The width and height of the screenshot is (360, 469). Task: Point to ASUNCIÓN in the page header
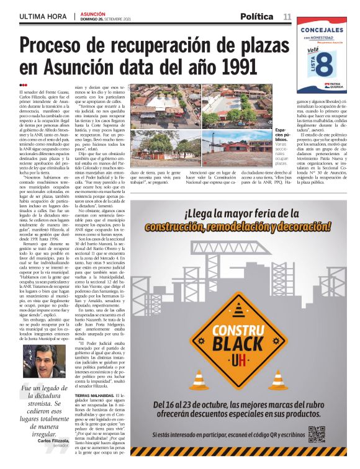pos(93,13)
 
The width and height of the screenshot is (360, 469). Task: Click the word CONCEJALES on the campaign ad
pos(325,29)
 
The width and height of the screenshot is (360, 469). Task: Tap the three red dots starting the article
pos(23,86)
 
